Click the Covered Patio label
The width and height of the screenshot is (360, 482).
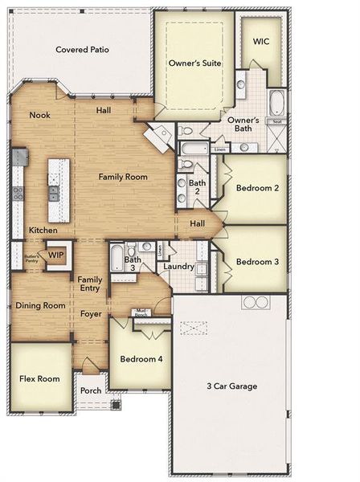tap(82, 50)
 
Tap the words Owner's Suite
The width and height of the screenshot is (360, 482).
tap(195, 63)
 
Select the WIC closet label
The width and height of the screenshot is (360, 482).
tap(261, 41)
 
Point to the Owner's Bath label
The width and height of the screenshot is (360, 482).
tap(242, 125)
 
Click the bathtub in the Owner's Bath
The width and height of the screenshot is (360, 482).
tap(276, 102)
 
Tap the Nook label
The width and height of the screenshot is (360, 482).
tap(39, 115)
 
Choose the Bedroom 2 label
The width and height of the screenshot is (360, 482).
tap(257, 188)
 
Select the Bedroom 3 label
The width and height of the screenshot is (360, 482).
tap(257, 262)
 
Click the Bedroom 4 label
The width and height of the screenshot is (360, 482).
tap(141, 358)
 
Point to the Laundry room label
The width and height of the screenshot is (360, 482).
tap(178, 267)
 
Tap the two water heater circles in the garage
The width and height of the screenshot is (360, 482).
tap(256, 302)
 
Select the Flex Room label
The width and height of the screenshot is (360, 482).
tap(39, 378)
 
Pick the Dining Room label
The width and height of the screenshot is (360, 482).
tap(40, 305)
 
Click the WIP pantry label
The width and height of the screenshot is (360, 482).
tap(55, 255)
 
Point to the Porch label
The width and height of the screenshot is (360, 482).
tap(91, 391)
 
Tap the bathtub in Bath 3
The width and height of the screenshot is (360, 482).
tap(116, 259)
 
